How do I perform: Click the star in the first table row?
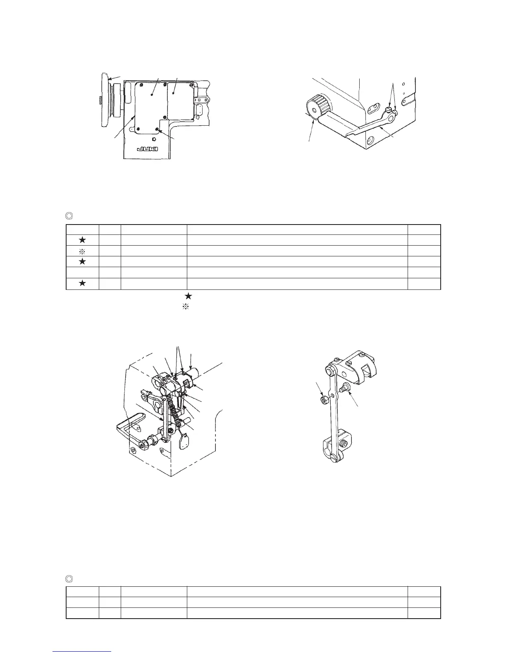tap(82, 240)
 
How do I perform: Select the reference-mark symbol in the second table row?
tap(82, 251)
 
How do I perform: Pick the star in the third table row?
tap(82, 262)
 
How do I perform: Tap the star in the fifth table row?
tap(82, 283)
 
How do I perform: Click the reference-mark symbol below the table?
tap(186, 307)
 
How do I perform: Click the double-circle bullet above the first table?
tap(69, 215)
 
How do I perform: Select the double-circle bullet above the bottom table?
tap(69, 578)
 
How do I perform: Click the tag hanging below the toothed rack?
tap(183, 440)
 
